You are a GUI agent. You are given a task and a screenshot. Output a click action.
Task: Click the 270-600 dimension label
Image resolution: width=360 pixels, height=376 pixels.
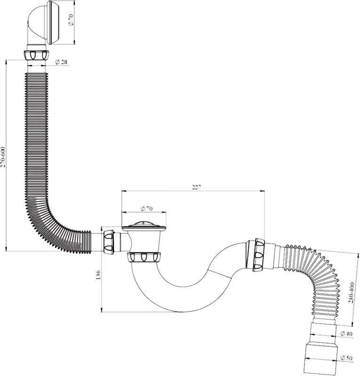click(2, 157)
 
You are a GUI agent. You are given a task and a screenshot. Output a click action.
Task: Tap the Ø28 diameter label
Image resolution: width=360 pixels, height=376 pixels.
click(61, 62)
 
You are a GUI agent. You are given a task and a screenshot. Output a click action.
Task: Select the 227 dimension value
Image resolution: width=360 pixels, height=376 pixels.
click(196, 187)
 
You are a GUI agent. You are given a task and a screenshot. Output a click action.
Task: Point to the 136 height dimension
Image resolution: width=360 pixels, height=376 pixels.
click(98, 275)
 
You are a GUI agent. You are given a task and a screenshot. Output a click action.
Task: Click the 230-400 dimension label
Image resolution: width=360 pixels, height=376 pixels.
click(352, 292)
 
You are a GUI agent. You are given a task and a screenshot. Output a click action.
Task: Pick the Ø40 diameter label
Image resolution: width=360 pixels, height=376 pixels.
click(346, 334)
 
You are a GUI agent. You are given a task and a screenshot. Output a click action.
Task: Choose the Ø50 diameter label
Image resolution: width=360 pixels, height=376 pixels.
click(346, 358)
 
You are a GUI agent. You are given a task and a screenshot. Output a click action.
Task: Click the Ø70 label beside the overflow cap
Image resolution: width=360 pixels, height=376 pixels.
click(71, 20)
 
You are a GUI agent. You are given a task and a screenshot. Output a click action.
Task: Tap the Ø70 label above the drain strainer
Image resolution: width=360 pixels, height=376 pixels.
click(146, 209)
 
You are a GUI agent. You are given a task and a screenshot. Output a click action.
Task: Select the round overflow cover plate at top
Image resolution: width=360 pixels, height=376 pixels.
click(53, 23)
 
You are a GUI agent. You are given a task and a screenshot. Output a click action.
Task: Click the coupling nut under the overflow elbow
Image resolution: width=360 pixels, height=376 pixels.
click(37, 55)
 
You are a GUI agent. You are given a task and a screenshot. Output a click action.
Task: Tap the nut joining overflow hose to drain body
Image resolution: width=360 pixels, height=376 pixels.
click(109, 243)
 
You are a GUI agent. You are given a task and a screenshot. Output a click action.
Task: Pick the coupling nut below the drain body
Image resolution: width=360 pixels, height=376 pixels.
click(144, 257)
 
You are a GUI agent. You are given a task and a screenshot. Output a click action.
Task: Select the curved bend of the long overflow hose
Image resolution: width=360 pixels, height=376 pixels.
click(50, 226)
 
